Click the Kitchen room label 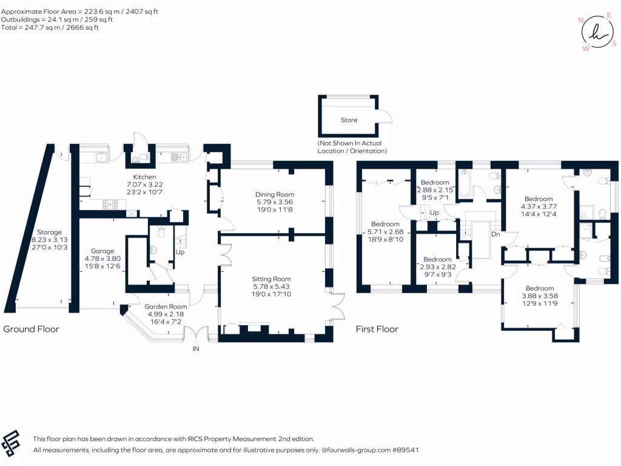tap(144, 177)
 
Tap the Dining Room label tap(275, 195)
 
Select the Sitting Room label tap(271, 279)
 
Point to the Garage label tap(102, 251)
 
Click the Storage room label tap(50, 232)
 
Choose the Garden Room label tap(166, 306)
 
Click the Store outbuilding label tap(349, 120)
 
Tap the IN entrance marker tap(196, 349)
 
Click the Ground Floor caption tap(31, 329)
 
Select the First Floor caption tap(377, 329)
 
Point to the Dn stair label tap(495, 234)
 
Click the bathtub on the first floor tap(464, 184)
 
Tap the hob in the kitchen tap(110, 204)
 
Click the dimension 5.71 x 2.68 tap(385, 232)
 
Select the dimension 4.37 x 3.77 tap(539, 206)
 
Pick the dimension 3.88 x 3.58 tap(540, 296)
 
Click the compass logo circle tap(597, 32)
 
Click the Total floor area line tap(50, 27)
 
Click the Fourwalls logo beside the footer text tap(11, 443)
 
